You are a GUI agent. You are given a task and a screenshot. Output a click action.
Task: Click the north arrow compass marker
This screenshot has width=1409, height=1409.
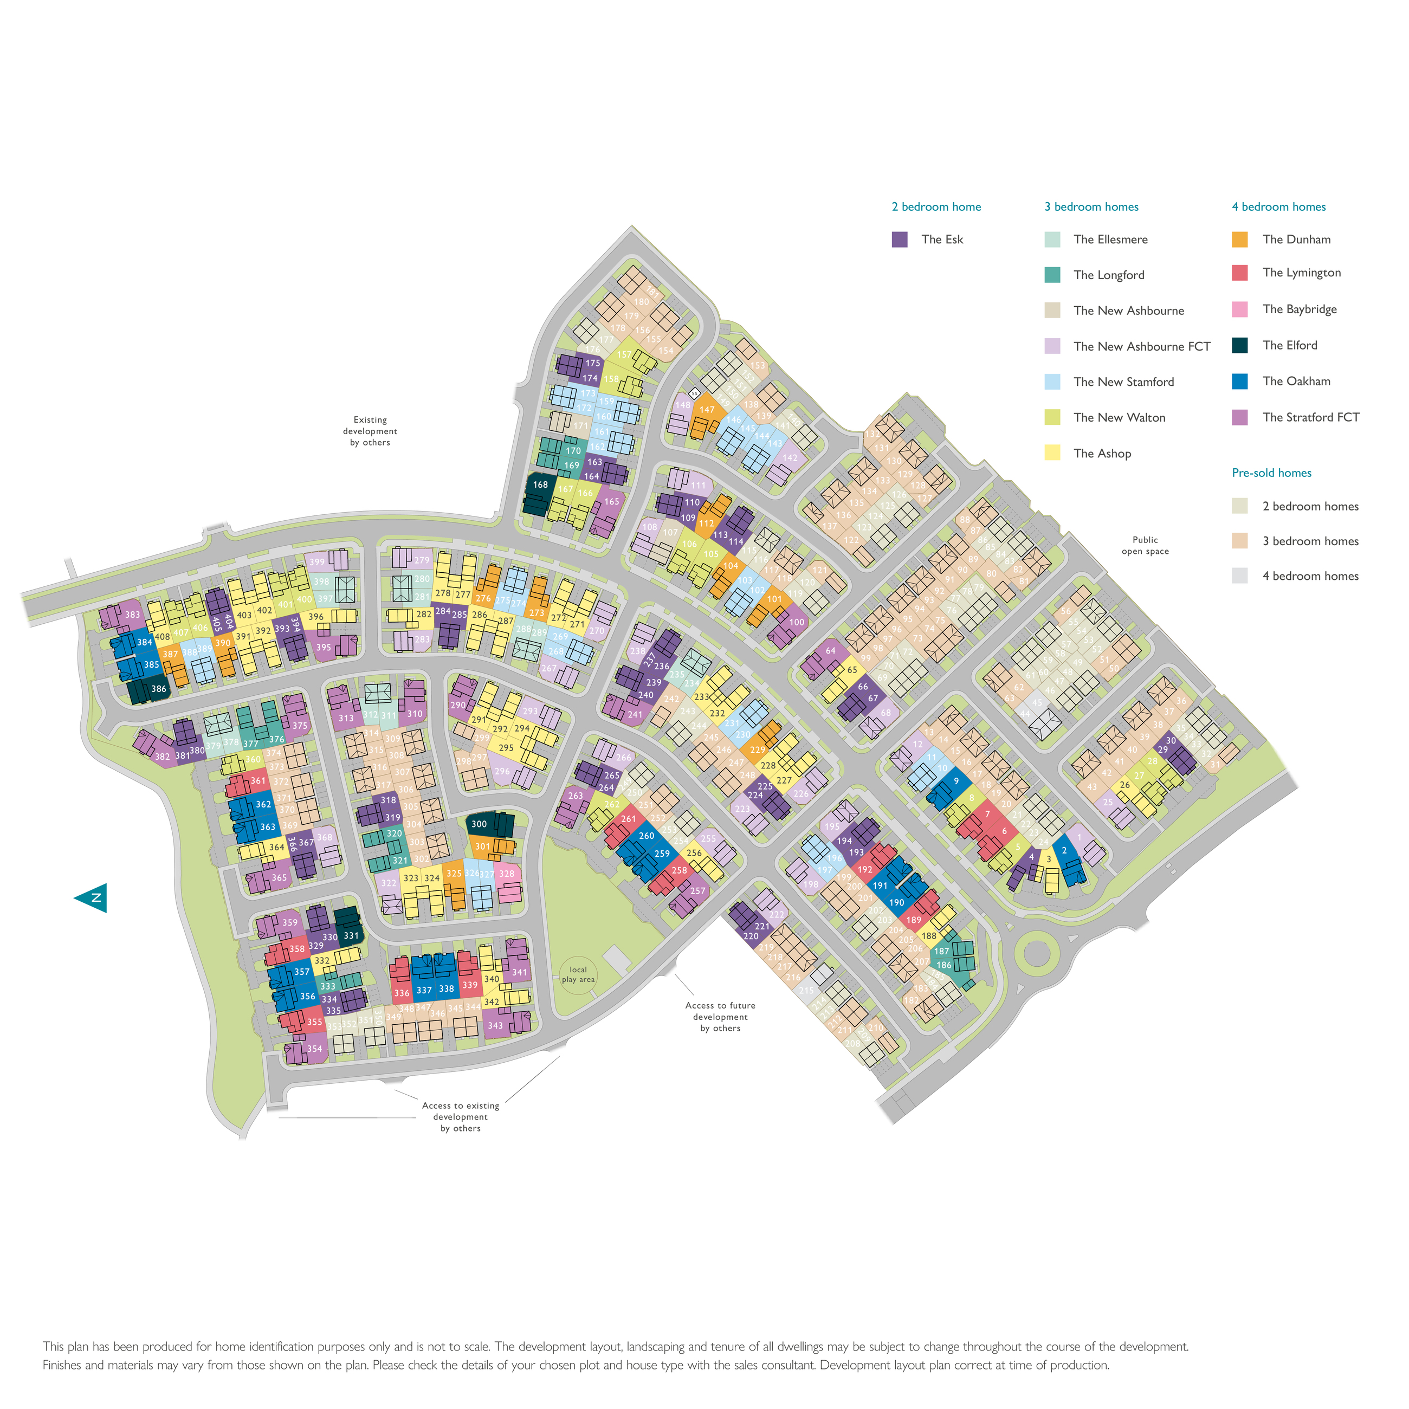point(93,898)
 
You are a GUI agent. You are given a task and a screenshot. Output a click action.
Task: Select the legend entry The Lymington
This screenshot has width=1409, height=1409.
point(1301,273)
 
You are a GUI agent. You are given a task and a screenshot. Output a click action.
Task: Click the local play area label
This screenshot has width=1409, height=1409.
point(578,974)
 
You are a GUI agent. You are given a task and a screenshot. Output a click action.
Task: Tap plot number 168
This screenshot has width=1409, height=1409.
point(540,484)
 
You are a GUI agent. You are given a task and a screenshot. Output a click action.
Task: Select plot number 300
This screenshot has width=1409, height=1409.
point(479,824)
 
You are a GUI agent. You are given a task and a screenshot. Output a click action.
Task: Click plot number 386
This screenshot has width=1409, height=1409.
point(158,688)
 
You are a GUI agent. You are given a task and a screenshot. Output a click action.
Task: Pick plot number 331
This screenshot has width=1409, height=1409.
point(351,936)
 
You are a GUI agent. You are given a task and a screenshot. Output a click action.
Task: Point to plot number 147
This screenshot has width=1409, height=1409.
point(707,410)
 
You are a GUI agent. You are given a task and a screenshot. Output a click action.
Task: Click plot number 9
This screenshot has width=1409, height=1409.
point(956,781)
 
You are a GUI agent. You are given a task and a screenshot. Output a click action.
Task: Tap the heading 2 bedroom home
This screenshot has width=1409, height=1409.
point(936,207)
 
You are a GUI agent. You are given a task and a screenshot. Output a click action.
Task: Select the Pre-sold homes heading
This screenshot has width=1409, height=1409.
point(1271,473)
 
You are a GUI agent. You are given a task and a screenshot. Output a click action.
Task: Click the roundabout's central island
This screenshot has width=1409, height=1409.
point(1036,953)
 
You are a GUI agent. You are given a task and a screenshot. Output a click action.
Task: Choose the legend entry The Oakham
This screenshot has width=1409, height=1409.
point(1296,382)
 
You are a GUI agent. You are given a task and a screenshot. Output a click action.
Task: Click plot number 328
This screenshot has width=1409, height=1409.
point(506,874)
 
